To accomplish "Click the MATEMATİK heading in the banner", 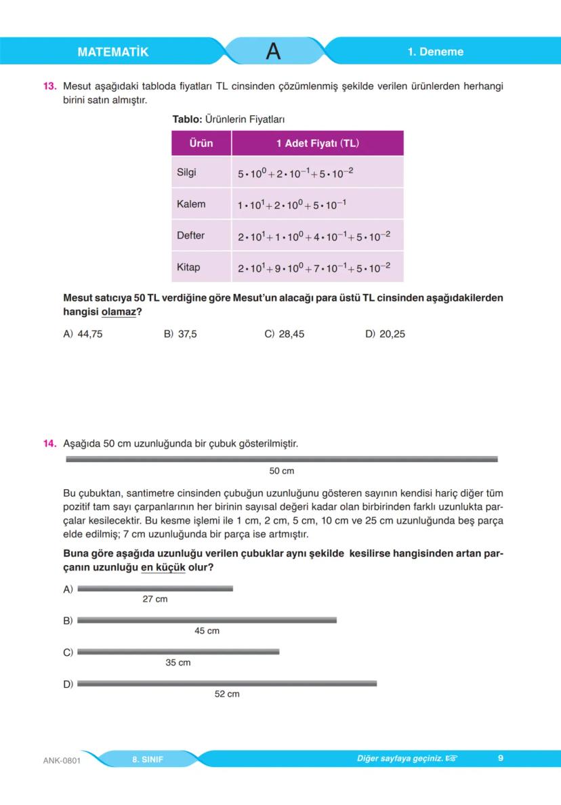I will (x=112, y=52).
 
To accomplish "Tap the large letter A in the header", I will (x=273, y=51).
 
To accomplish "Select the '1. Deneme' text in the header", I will (x=435, y=52).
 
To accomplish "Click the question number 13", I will (x=49, y=87).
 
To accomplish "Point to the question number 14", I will (x=49, y=444).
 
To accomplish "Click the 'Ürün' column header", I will (x=201, y=143).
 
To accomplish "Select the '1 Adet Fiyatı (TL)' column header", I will (x=317, y=143).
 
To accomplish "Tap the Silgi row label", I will (x=186, y=173).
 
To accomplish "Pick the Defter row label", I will (x=190, y=236).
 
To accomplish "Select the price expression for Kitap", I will (x=314, y=268).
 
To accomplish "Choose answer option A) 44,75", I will (x=83, y=334).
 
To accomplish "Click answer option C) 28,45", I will (x=284, y=334).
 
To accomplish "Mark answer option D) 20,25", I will (x=385, y=334).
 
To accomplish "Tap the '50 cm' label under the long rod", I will (x=282, y=471).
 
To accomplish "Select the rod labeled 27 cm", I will (x=155, y=588).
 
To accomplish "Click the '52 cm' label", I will (x=227, y=694).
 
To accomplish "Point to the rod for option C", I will (x=178, y=652).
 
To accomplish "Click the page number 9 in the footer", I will (x=500, y=758).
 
